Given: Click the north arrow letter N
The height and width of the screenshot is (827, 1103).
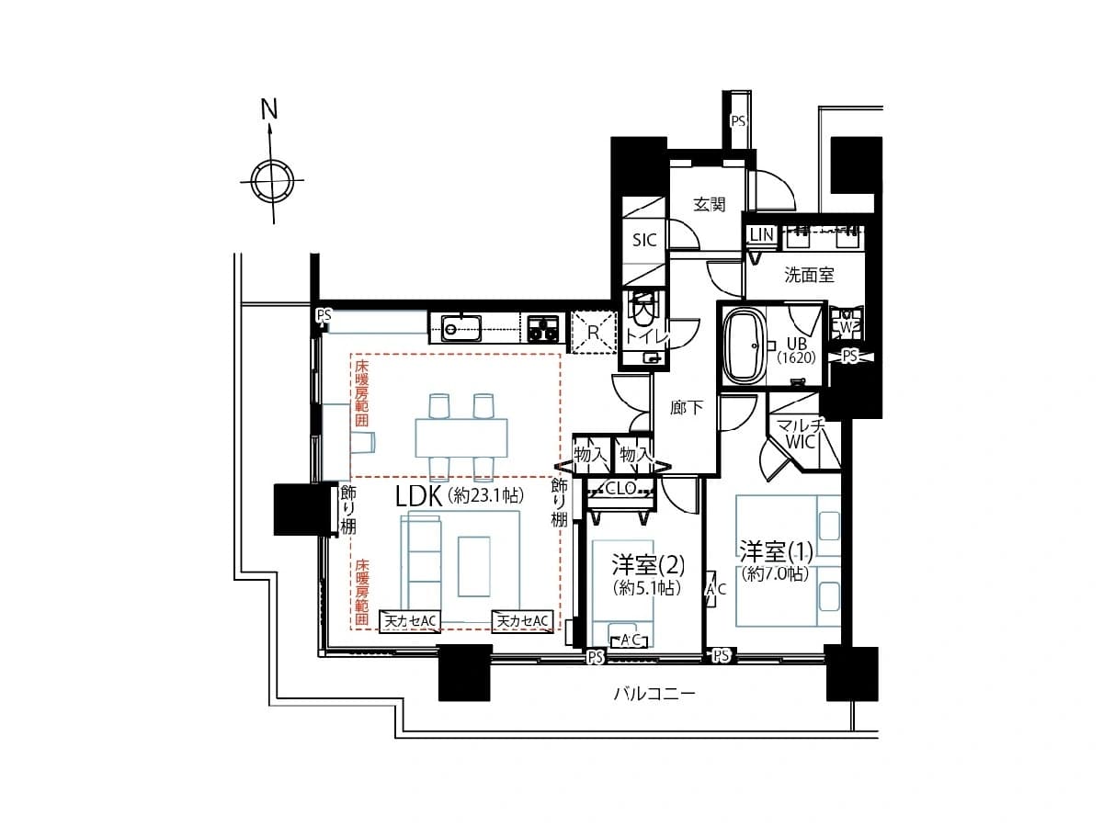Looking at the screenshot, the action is pyautogui.click(x=269, y=109).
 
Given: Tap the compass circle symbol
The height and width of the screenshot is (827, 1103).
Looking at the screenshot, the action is pyautogui.click(x=272, y=180).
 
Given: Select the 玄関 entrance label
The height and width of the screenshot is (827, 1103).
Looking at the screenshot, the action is pyautogui.click(x=709, y=204).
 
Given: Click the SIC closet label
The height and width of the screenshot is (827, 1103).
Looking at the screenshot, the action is pyautogui.click(x=644, y=240).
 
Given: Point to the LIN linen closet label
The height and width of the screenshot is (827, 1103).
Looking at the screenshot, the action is pyautogui.click(x=762, y=234).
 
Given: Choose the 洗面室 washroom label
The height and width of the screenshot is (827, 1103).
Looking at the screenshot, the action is pyautogui.click(x=809, y=275).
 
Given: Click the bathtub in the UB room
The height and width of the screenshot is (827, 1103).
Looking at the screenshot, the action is pyautogui.click(x=745, y=346).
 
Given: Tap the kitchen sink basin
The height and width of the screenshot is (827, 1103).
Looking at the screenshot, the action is pyautogui.click(x=461, y=328).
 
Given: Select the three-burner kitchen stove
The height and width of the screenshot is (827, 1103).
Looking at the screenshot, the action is pyautogui.click(x=542, y=329).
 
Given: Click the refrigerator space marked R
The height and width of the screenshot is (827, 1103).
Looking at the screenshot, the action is pyautogui.click(x=594, y=333).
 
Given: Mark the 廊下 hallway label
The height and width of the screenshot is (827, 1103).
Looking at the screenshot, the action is pyautogui.click(x=687, y=407).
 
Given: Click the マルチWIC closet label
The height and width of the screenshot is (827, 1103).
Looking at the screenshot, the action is pyautogui.click(x=801, y=434).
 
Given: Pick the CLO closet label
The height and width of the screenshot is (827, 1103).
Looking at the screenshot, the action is pyautogui.click(x=620, y=488).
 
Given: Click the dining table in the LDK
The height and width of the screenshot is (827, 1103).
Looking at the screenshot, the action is pyautogui.click(x=461, y=437).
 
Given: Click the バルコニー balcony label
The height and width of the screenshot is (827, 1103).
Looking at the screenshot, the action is pyautogui.click(x=654, y=694).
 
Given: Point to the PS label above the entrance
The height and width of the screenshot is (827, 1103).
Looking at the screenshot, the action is pyautogui.click(x=738, y=121).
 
